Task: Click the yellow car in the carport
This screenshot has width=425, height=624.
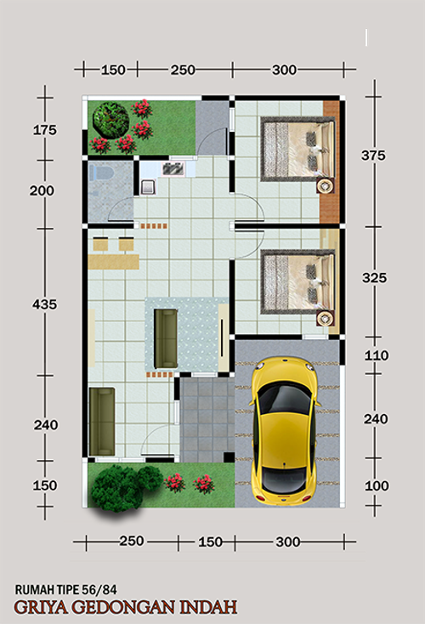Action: [285, 431]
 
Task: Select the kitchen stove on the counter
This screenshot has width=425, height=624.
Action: [173, 168]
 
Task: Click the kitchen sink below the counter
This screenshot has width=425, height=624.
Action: [149, 187]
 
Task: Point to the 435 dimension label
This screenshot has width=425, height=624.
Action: [44, 304]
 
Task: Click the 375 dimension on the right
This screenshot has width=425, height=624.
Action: [373, 155]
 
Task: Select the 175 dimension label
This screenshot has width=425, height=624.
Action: [44, 130]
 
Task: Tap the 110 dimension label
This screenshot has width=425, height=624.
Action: [377, 355]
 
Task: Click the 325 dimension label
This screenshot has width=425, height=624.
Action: [374, 277]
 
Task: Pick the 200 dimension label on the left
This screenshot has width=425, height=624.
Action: [42, 190]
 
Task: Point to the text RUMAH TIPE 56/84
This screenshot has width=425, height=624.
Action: [66, 589]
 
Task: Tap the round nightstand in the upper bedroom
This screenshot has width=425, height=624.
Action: [326, 185]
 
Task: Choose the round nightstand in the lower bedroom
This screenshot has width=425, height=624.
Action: [326, 318]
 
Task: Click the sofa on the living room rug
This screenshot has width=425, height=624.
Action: [166, 338]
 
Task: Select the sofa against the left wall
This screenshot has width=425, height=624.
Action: [102, 422]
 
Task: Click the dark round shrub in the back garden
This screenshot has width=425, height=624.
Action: [110, 120]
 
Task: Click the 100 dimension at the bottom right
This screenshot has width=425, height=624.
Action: [377, 485]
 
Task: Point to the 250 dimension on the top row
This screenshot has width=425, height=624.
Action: [183, 70]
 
